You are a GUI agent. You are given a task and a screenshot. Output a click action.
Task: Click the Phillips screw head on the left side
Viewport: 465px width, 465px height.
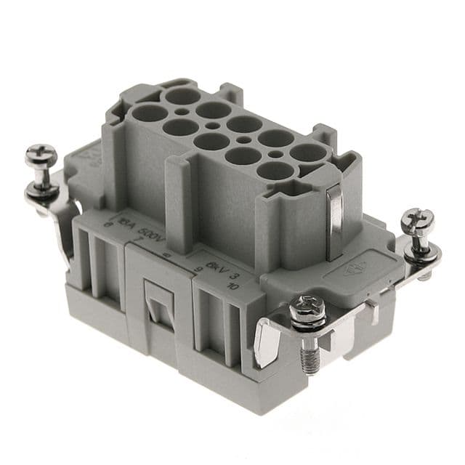(x=40, y=155)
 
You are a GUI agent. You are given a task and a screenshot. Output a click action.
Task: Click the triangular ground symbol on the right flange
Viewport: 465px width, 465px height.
(x=352, y=271)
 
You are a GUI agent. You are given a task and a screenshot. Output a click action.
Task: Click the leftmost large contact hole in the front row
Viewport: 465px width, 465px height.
(x=150, y=113)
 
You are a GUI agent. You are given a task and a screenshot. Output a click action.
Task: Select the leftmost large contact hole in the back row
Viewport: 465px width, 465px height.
(x=177, y=95)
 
